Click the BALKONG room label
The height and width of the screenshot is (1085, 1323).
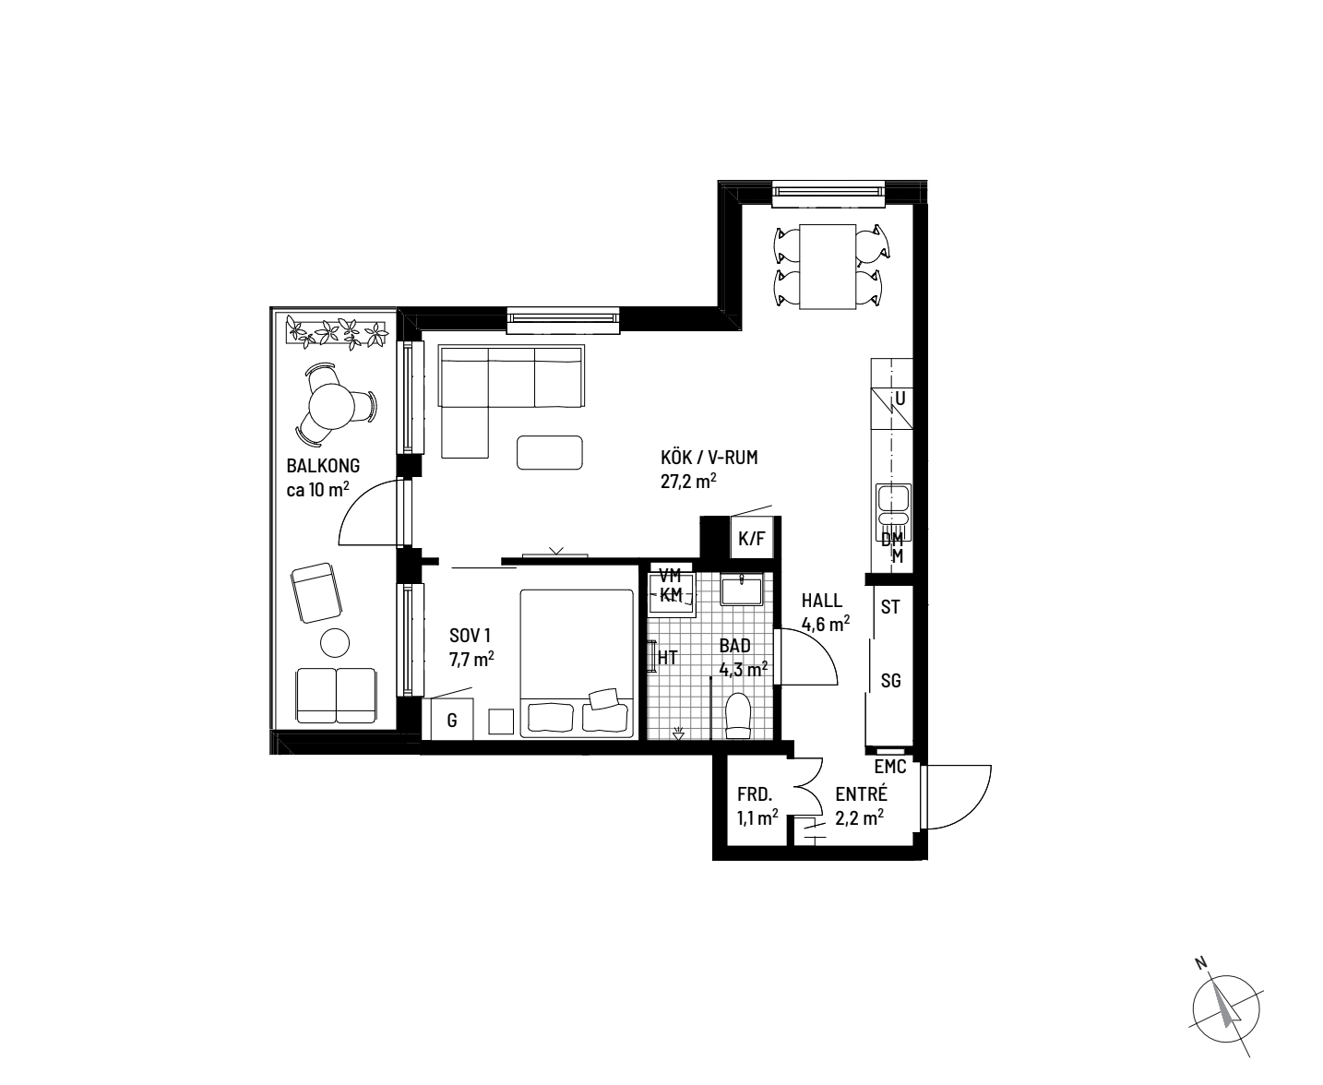click(x=323, y=466)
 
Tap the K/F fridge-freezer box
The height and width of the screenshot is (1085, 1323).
click(x=752, y=537)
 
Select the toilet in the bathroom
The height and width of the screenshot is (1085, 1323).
click(x=738, y=715)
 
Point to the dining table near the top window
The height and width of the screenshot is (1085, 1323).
click(x=828, y=267)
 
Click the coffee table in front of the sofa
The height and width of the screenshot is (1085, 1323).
click(x=550, y=452)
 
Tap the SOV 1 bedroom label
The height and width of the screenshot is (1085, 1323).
click(x=470, y=636)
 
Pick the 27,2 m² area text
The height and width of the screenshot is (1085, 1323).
click(x=688, y=482)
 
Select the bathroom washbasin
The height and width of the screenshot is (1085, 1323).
click(x=742, y=590)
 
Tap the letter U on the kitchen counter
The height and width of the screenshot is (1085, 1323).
click(x=900, y=399)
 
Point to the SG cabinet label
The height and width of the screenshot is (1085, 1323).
click(x=891, y=680)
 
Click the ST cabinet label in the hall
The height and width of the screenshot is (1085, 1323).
click(x=891, y=607)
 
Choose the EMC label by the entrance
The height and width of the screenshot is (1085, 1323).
click(x=890, y=766)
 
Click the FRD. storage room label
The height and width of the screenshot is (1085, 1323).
click(x=755, y=794)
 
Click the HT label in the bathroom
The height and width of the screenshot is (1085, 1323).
click(x=667, y=657)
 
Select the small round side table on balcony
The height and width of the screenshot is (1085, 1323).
click(x=335, y=642)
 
